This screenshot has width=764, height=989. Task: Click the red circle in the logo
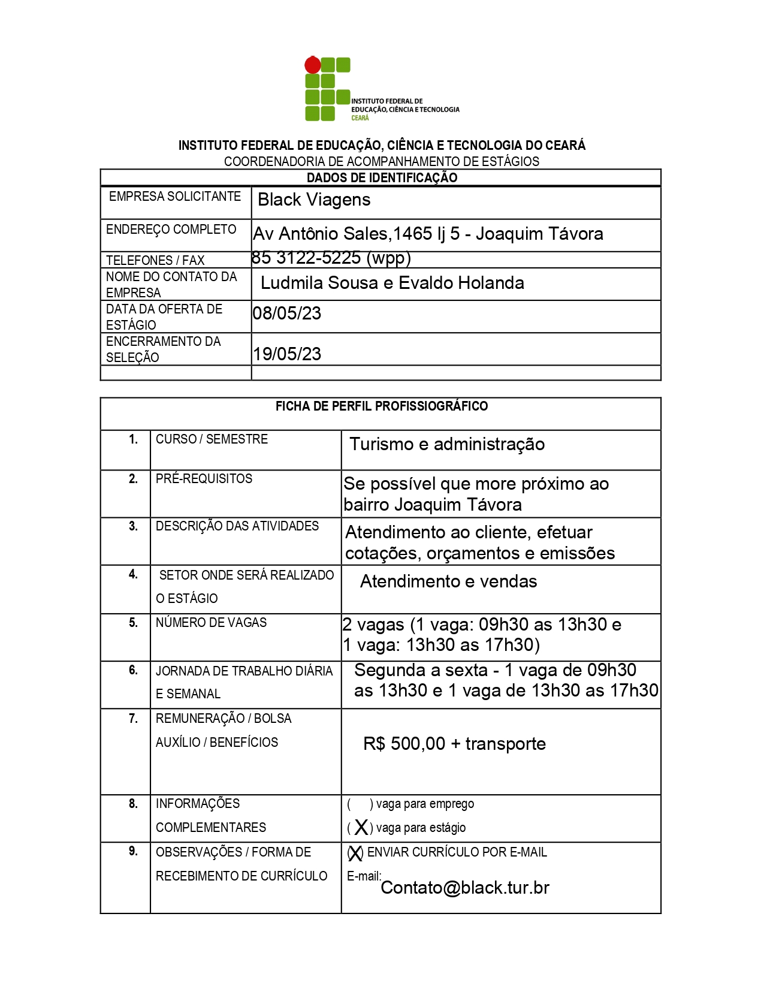click(x=312, y=65)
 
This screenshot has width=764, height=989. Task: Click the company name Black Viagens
click(x=314, y=200)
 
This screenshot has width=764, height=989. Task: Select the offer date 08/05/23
click(x=286, y=313)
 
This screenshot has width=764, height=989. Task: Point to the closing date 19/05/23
click(x=286, y=354)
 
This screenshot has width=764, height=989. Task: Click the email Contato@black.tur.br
click(x=464, y=888)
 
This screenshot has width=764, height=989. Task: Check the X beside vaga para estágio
click(x=361, y=828)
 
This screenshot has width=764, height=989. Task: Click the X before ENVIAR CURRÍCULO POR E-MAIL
click(x=355, y=853)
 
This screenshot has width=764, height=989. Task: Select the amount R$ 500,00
click(x=404, y=744)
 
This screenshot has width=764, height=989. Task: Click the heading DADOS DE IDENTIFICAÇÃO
click(x=382, y=177)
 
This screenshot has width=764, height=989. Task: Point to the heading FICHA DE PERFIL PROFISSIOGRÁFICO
click(x=382, y=406)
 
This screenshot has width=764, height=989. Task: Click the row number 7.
click(x=133, y=719)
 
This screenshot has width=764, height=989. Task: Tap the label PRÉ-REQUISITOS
click(x=204, y=479)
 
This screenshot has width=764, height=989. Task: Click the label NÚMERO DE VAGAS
click(x=211, y=623)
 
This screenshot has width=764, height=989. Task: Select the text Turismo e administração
click(x=447, y=444)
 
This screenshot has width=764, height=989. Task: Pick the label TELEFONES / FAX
click(x=155, y=260)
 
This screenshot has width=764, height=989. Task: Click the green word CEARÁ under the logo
click(x=360, y=118)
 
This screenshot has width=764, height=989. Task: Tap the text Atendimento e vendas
click(x=448, y=581)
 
